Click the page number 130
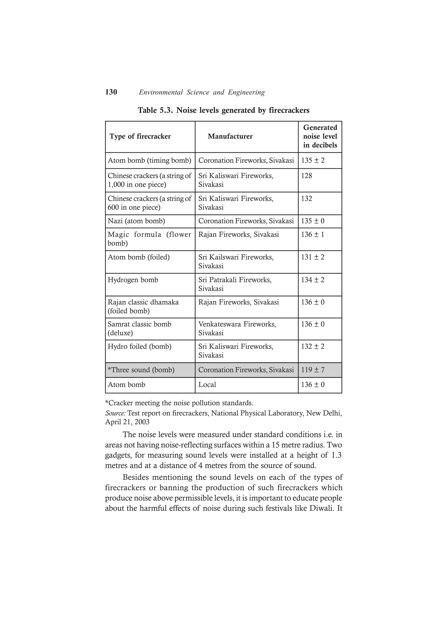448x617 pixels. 111,92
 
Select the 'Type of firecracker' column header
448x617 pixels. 140,136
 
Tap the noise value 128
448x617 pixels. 306,176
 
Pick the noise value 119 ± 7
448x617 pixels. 313,370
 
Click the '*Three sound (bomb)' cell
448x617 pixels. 141,370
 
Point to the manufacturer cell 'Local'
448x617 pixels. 207,385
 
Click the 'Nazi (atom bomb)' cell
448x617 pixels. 136,221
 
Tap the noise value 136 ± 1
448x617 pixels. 313,234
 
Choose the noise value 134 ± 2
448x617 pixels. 313,280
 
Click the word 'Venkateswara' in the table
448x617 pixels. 220,324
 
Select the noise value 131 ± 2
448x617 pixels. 313,257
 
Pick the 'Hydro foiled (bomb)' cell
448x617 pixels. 140,347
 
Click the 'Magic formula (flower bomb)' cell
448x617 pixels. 149,239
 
